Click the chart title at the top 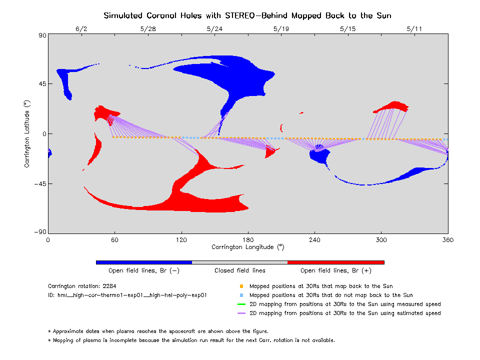[247, 15]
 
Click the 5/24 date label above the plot [214, 28]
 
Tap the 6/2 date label [81, 28]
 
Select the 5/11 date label [414, 28]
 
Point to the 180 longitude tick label [248, 239]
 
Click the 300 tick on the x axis [381, 239]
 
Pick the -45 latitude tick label [39, 183]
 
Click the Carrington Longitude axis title [247, 247]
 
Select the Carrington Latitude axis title [27, 133]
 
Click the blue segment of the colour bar [144, 262]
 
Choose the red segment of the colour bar [335, 262]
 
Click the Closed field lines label [240, 270]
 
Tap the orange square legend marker [241, 286]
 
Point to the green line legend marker [241, 304]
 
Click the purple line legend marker [241, 313]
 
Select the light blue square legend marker [241, 295]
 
